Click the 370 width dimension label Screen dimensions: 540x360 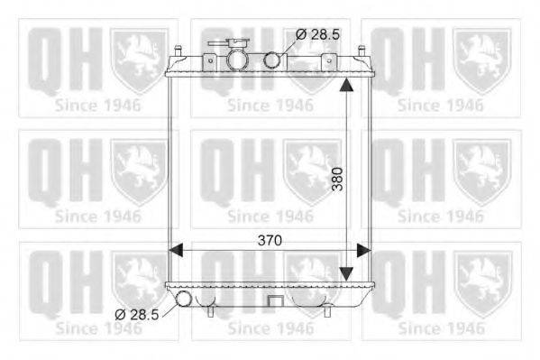[270, 240]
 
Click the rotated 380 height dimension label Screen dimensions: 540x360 [338, 179]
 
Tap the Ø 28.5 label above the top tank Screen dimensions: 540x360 [317, 34]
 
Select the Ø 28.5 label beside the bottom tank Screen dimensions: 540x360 [136, 315]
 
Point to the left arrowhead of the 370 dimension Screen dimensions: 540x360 [176, 250]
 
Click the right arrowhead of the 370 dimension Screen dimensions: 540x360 [363, 250]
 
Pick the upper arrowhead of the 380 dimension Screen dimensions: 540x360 [346, 85]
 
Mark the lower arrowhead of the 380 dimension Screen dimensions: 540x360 [346, 273]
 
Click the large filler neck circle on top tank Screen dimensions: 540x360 [237, 60]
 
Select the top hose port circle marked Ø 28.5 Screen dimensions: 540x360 [272, 60]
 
